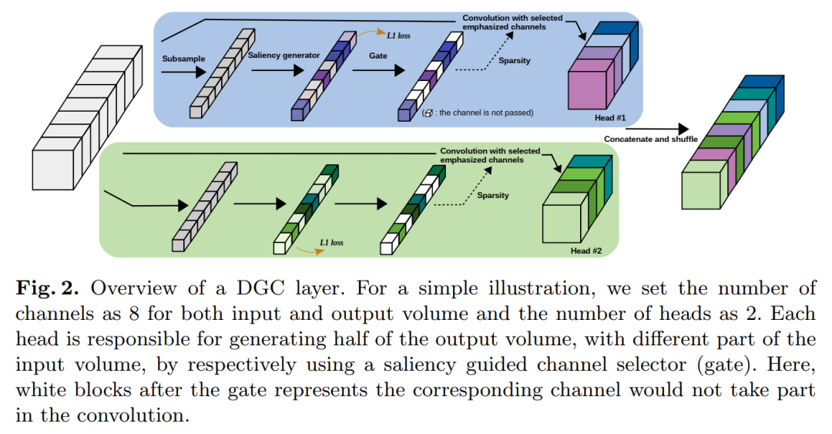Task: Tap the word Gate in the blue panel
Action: [x=377, y=56]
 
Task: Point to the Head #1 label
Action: [x=610, y=118]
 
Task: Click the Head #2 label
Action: [x=586, y=251]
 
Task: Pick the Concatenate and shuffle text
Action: [x=652, y=139]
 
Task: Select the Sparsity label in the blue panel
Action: [x=515, y=61]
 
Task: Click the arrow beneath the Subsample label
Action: [x=185, y=72]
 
